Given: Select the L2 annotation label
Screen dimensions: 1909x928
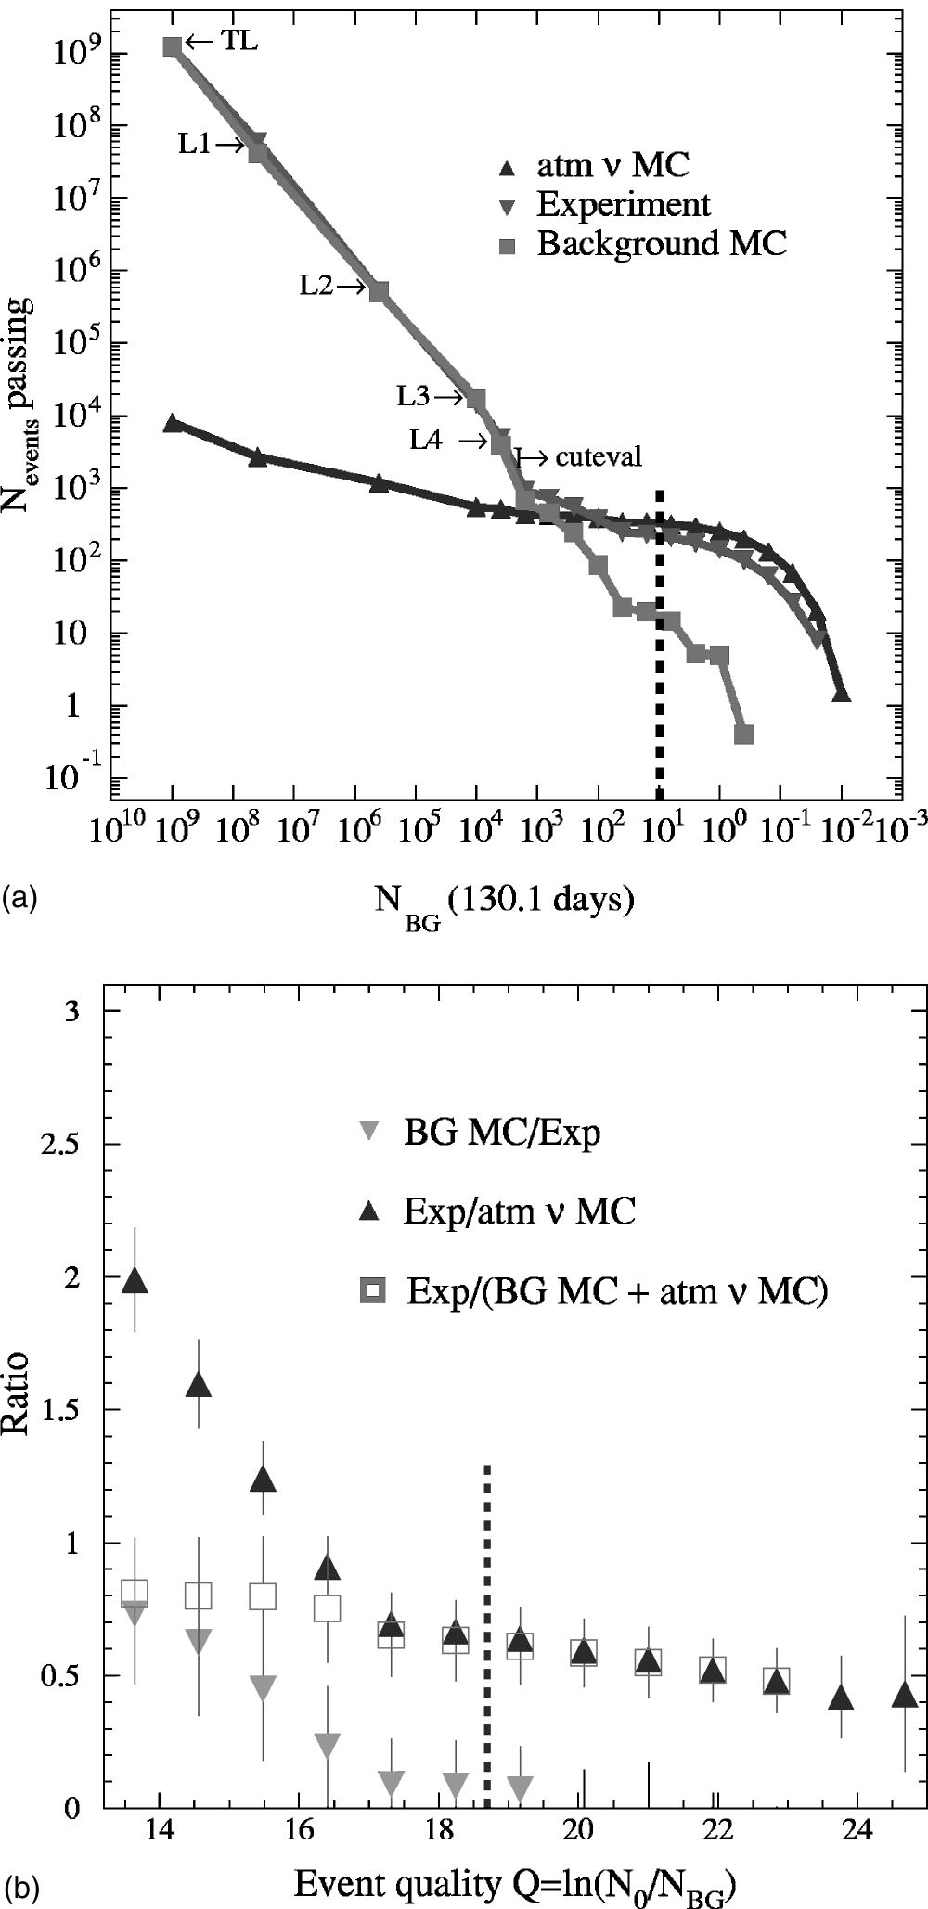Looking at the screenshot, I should click(316, 287).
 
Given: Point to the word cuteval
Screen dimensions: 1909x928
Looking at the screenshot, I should click(599, 456).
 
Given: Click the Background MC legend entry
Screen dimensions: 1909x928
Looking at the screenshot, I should click(662, 244).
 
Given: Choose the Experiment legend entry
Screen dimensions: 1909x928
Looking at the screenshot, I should click(624, 205).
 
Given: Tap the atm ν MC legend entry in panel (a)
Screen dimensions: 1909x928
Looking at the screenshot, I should click(613, 166).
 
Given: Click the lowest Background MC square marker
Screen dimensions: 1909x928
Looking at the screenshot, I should click(743, 735).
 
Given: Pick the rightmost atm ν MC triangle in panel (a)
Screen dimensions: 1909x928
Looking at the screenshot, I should click(841, 694).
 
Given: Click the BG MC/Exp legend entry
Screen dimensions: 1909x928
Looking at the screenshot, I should click(502, 1133).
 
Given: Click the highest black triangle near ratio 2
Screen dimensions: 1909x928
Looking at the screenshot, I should click(135, 1280).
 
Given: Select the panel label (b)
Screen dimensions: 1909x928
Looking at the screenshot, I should click(20, 1886).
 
